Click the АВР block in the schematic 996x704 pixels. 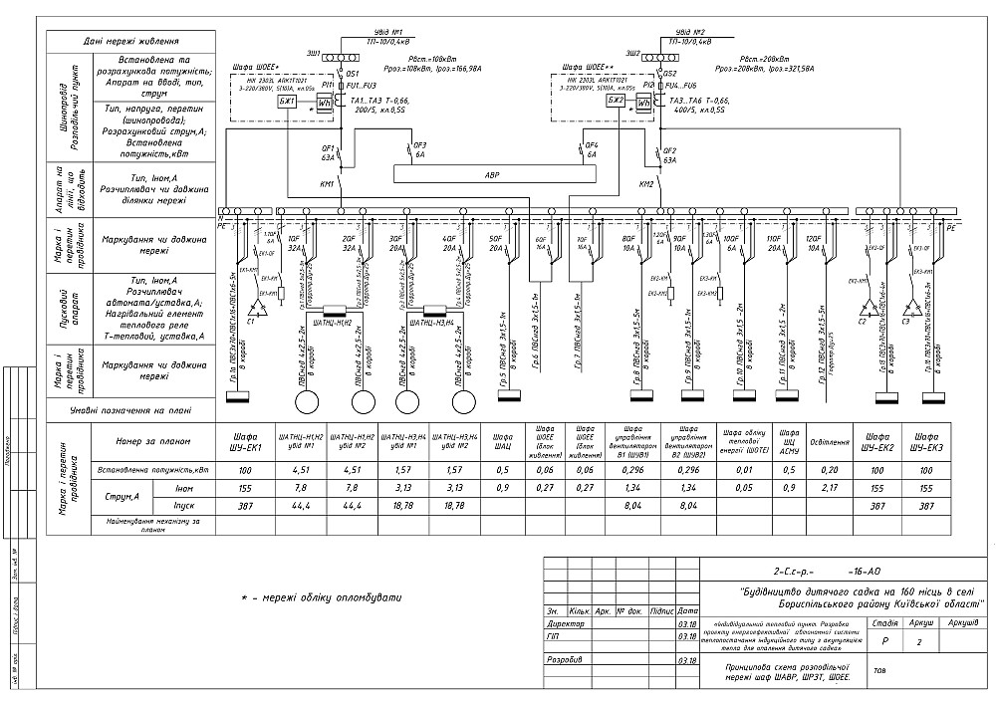[491, 174]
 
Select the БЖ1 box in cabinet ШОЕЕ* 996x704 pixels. [287, 103]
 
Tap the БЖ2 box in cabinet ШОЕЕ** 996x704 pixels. [616, 102]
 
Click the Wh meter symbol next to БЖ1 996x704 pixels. [323, 103]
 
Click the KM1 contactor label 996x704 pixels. [327, 185]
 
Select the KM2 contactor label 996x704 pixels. [645, 184]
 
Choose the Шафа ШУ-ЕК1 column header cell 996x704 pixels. [245, 440]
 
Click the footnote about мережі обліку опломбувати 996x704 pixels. [322, 597]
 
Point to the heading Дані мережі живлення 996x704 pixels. [130, 42]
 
